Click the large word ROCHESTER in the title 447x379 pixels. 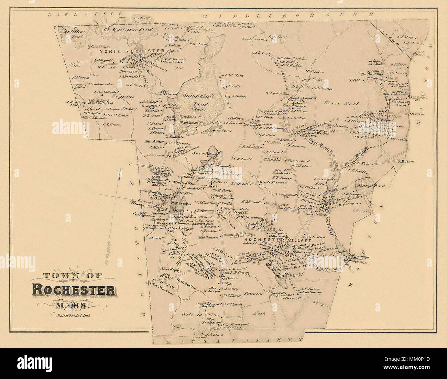coord(74,290)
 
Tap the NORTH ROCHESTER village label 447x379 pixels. coord(132,51)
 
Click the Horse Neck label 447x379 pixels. coord(342,103)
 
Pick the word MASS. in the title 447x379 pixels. coord(73,304)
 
